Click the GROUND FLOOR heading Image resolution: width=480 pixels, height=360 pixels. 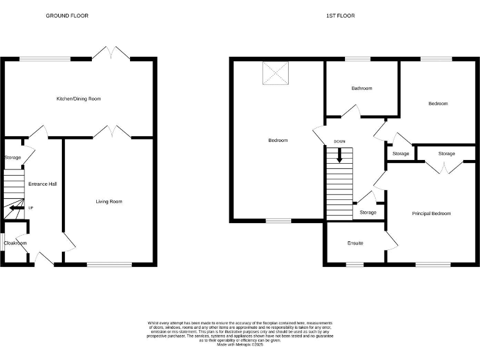[x=67, y=16]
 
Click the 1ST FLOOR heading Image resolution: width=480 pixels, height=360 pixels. [x=340, y=16]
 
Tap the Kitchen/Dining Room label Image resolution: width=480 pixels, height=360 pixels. [x=79, y=99]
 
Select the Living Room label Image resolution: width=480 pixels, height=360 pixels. [x=109, y=201]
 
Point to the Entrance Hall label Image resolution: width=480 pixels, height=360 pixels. [x=43, y=184]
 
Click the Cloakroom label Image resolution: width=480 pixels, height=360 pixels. [x=15, y=243]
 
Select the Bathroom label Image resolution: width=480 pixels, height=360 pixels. [x=361, y=88]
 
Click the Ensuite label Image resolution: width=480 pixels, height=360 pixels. [x=355, y=242]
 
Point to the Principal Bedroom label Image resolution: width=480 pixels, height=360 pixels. [x=431, y=213]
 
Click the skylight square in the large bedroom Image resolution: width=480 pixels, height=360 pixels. [x=276, y=73]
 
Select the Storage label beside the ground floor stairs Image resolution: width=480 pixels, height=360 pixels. [x=12, y=157]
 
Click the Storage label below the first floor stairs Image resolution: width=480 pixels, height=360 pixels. [x=368, y=212]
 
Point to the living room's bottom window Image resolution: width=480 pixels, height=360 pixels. [x=109, y=264]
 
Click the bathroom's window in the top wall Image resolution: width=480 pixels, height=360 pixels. [x=357, y=59]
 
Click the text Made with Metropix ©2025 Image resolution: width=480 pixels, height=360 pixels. [x=241, y=344]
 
